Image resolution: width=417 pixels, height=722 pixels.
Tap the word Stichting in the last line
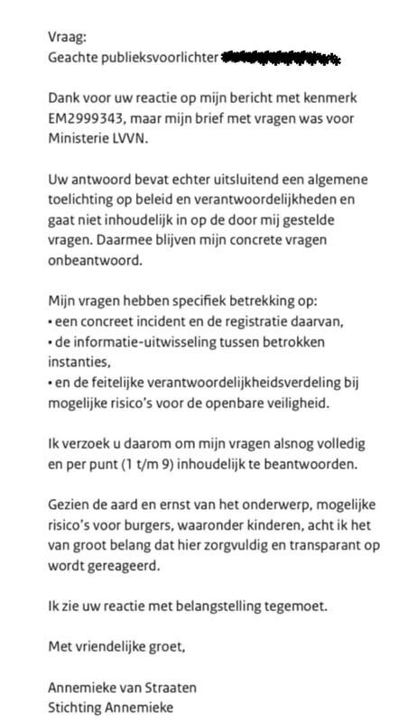[x=77, y=709]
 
